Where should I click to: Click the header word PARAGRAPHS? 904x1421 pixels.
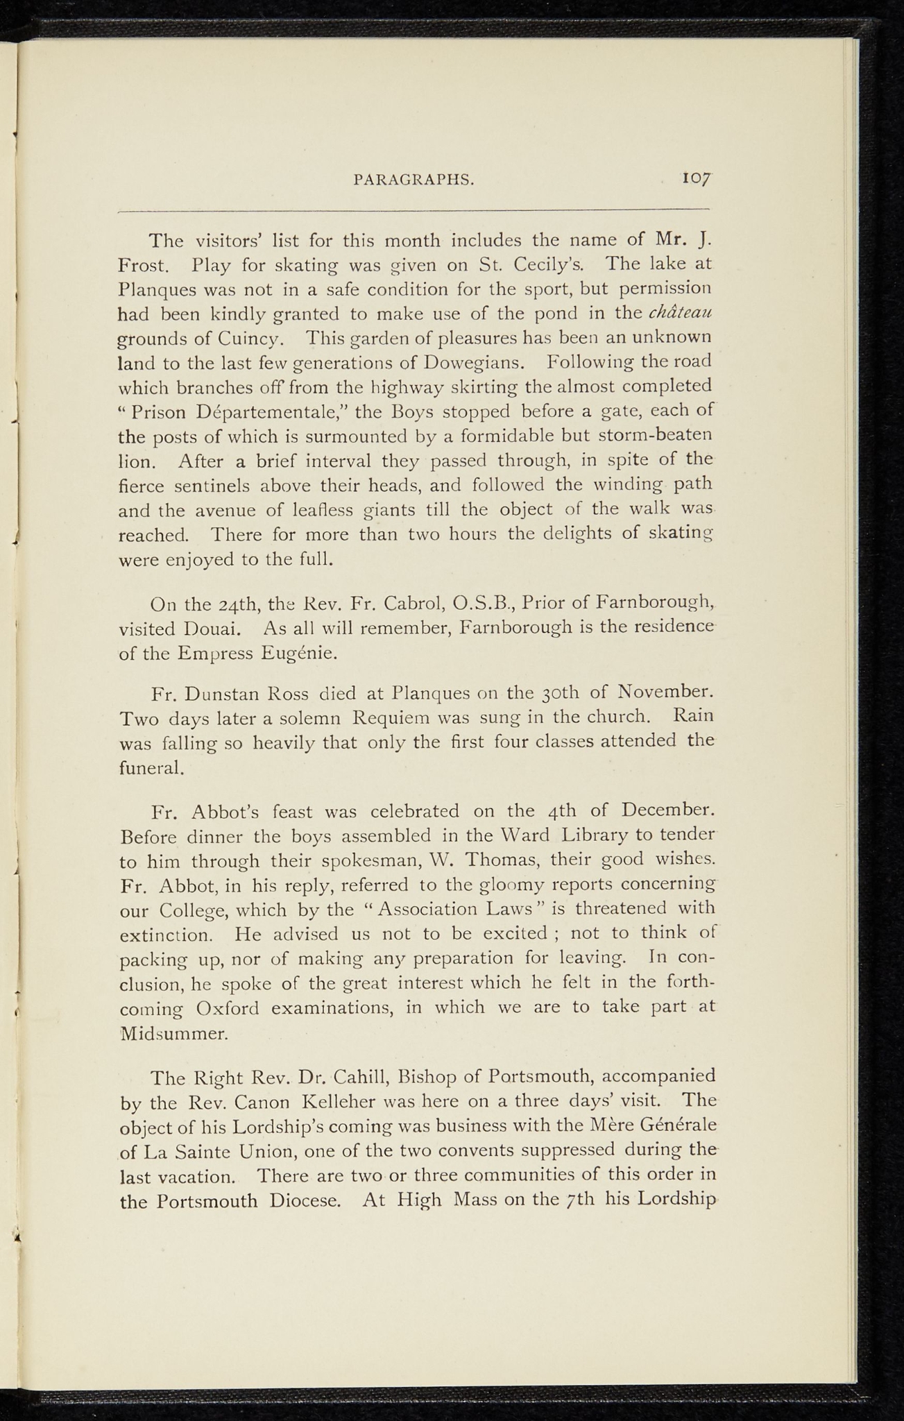coord(414,180)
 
